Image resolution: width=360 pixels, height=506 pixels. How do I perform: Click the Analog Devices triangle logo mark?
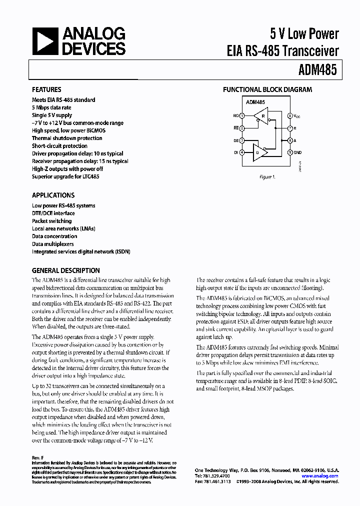[45, 41]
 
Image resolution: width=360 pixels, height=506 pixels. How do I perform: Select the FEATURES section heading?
[46, 89]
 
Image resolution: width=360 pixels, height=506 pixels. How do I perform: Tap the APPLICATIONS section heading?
[53, 195]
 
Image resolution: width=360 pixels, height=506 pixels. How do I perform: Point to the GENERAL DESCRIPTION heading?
[65, 270]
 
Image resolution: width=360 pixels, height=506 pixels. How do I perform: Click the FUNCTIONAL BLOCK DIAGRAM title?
[267, 89]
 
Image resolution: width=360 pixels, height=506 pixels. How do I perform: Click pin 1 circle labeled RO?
[242, 115]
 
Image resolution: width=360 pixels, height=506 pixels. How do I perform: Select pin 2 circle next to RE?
[242, 128]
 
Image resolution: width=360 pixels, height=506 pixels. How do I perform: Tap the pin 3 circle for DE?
[242, 140]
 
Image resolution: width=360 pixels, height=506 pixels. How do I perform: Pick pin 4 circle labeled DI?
[242, 152]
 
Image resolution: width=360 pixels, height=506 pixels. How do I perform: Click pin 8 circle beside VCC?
[290, 115]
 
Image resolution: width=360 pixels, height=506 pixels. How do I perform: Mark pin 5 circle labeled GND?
[290, 152]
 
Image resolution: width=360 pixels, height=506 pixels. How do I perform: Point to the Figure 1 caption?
[266, 177]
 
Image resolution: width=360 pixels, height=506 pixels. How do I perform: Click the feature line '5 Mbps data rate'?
[51, 107]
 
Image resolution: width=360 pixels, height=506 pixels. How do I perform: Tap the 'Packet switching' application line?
[51, 220]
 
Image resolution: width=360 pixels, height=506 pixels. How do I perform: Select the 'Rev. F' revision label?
[37, 457]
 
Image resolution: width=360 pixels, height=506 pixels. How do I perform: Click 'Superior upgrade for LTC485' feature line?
[67, 176]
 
